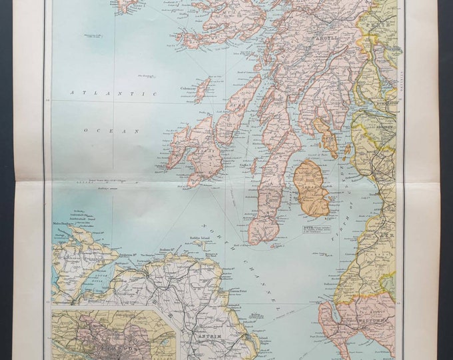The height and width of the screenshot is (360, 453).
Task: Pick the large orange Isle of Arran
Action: [x=312, y=188]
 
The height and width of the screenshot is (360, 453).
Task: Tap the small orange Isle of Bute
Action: [x=327, y=136]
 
